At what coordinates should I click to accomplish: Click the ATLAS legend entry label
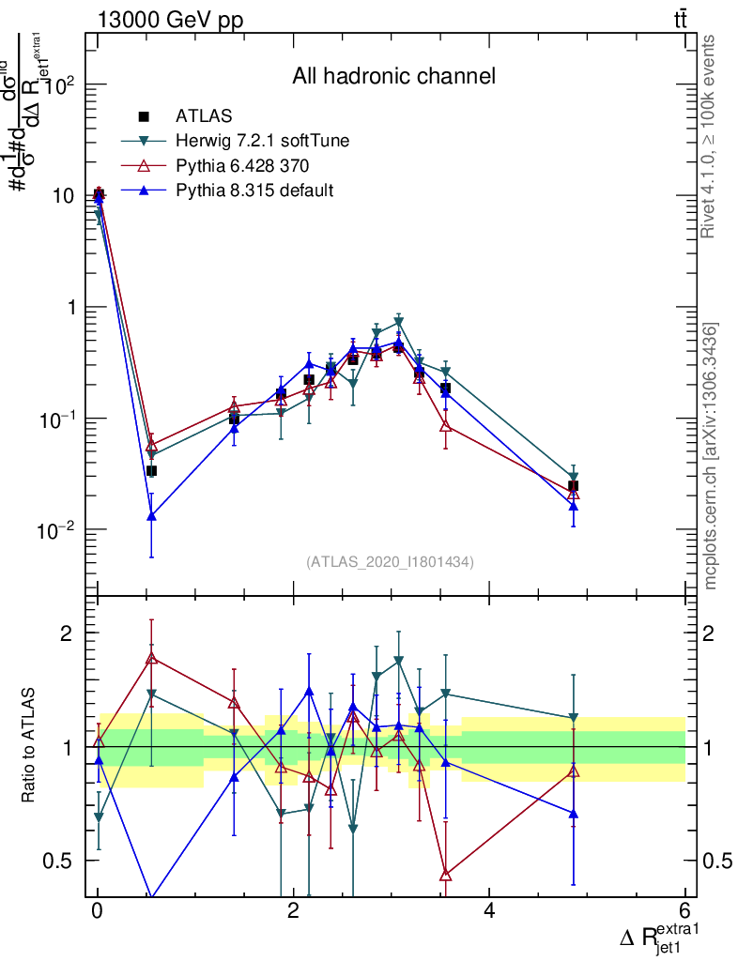204,116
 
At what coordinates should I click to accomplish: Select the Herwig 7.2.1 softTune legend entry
262,142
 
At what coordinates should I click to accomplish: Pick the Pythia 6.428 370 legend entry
242,166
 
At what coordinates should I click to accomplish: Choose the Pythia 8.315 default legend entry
254,191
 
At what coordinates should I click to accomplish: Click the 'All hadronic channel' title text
392,76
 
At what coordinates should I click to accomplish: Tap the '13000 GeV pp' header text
170,21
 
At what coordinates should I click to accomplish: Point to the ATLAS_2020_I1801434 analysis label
390,561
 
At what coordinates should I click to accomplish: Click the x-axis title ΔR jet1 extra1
660,935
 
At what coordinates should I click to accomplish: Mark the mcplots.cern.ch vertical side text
711,456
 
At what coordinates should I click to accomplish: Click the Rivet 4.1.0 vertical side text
711,137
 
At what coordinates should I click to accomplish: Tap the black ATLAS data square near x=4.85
573,486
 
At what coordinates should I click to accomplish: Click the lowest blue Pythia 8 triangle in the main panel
151,516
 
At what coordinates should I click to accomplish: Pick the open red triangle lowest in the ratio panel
446,875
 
